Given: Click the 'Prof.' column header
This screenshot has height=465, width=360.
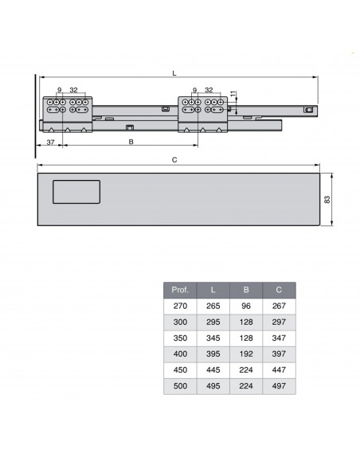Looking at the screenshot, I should [x=180, y=290].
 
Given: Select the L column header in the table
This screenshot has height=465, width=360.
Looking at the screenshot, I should [x=213, y=290].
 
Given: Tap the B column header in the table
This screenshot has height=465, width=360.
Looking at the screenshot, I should [x=246, y=290].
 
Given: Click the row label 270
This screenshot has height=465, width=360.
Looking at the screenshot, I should [x=180, y=306].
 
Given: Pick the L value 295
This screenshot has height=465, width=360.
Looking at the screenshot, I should [x=213, y=322].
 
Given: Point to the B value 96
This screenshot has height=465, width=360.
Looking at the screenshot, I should [x=246, y=306].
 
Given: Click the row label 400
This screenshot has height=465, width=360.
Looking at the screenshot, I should [x=180, y=354].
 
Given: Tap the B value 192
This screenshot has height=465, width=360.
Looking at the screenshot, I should [x=246, y=354].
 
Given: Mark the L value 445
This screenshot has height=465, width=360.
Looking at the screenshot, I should [x=213, y=370].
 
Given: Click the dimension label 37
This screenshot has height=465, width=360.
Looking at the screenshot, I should [x=49, y=142].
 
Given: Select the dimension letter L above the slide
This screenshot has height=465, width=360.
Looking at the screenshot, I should [x=174, y=74].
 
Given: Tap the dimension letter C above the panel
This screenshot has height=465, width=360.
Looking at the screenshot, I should [x=174, y=160].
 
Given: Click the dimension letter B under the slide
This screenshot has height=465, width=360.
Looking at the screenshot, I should [x=131, y=142].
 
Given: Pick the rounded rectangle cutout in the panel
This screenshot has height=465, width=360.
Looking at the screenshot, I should [x=76, y=193].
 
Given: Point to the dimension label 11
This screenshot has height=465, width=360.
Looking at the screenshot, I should [x=233, y=95].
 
